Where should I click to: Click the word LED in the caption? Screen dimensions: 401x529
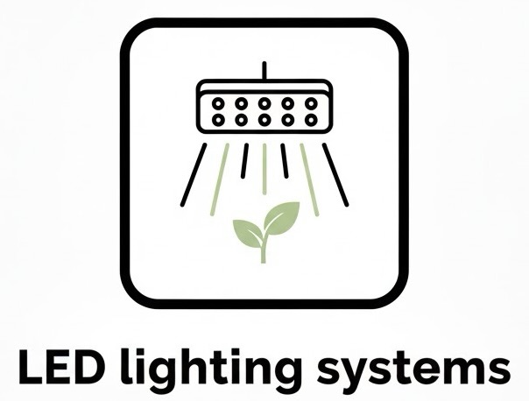point(56,369)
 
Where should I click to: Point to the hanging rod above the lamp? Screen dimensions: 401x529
point(264,69)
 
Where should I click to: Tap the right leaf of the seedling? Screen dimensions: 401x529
point(281,216)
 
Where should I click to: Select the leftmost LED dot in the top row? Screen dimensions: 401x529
point(217,102)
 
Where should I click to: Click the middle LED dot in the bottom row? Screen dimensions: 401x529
point(264,117)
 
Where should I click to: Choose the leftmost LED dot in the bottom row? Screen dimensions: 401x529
point(217,117)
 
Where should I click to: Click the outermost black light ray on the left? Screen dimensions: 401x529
point(194,174)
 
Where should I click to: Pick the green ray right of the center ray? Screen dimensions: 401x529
point(308,170)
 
